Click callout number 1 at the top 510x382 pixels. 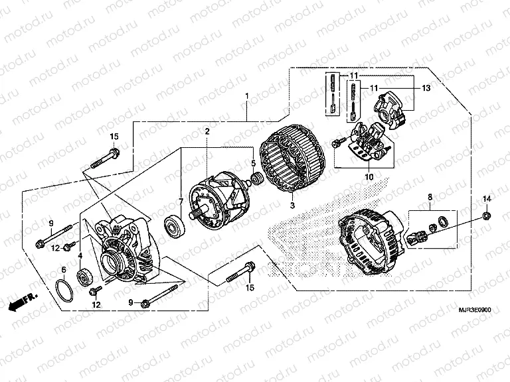tap(247, 97)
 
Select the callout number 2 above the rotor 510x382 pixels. tap(207, 132)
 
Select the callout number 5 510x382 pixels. tap(252, 162)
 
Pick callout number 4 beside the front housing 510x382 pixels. tap(80, 256)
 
